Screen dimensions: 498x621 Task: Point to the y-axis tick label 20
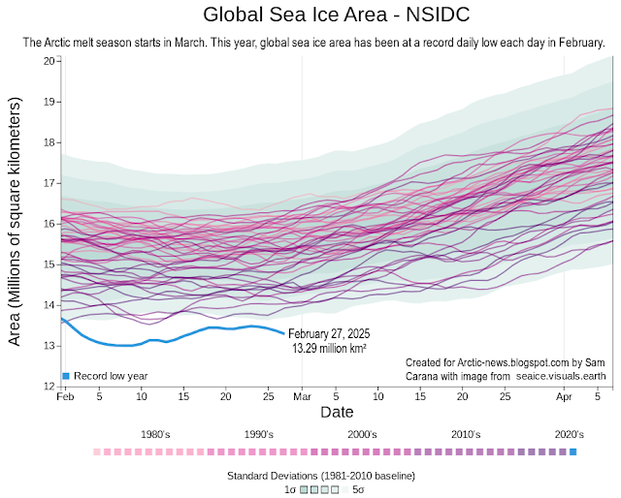48,60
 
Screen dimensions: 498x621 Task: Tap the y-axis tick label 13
48,346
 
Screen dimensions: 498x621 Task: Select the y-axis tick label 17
48,182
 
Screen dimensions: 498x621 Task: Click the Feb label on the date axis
66,397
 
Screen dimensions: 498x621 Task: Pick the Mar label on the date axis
302,397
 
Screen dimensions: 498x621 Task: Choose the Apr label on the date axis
564,397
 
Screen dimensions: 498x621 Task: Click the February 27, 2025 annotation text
329,334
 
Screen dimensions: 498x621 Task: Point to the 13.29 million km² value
329,348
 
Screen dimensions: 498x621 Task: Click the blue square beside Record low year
66,375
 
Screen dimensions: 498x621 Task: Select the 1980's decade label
156,434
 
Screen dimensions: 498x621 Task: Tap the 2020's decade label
568,434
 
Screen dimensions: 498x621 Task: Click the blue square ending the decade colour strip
572,452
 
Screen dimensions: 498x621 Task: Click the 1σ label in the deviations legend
288,489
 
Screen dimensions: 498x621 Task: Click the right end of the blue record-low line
283,333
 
